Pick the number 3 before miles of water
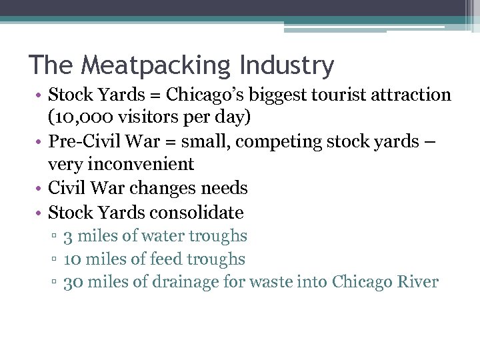coord(68,236)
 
